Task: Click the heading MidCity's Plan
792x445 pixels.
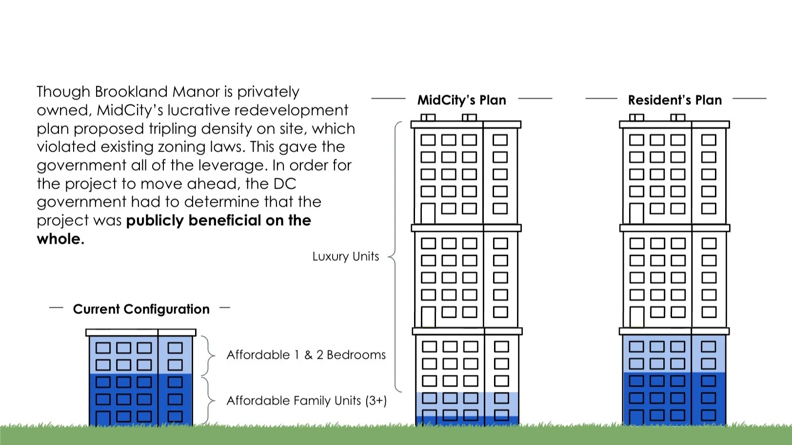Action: (x=461, y=100)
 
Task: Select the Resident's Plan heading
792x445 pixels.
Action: (x=674, y=100)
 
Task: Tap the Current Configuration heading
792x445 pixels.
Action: (x=141, y=309)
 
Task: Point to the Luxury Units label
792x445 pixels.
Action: (x=345, y=256)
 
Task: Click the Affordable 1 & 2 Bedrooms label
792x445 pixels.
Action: (x=306, y=355)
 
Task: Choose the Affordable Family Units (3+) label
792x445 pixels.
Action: (x=306, y=401)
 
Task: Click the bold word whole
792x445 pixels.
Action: (x=60, y=239)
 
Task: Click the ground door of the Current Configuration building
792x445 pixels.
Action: (x=103, y=418)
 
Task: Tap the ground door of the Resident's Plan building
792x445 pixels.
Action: (x=636, y=417)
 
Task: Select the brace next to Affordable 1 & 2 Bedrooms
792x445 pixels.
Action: (x=209, y=355)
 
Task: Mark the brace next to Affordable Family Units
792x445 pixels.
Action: (x=209, y=401)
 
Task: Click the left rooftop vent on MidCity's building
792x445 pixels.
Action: (x=428, y=117)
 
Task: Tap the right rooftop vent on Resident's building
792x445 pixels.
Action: (x=677, y=117)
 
